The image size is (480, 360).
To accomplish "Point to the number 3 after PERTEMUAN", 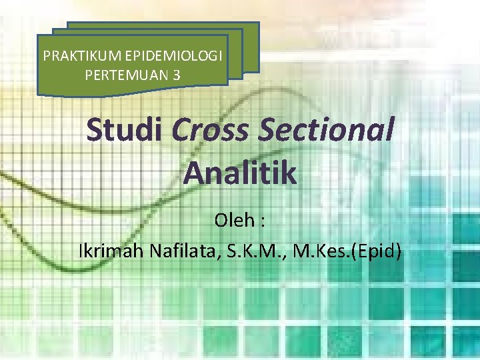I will coord(176,75).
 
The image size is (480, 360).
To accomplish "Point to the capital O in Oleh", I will coord(221,219).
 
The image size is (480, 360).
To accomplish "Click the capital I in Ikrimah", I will coord(81,252).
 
